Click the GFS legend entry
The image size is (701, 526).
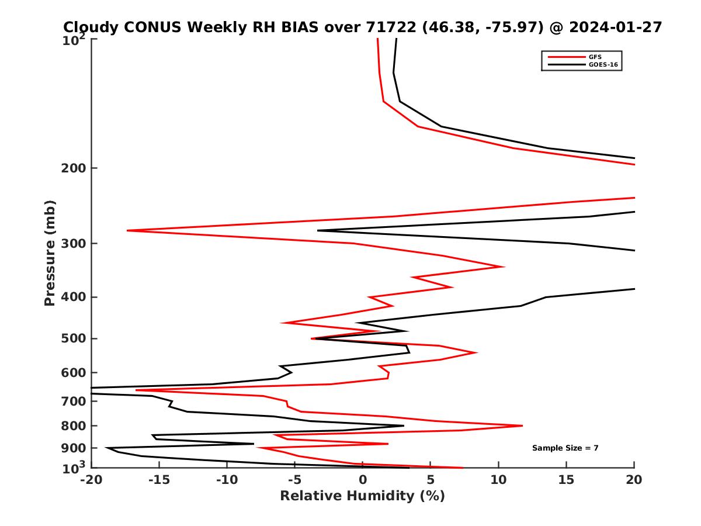pos(595,57)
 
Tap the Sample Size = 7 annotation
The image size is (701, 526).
pos(565,448)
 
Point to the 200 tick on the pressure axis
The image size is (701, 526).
pos(75,168)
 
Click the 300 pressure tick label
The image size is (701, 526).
pos(75,244)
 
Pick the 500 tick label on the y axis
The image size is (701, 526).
pos(75,338)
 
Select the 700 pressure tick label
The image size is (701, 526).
pos(75,402)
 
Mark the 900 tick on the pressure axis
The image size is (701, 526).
pos(75,448)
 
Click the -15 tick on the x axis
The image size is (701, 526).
pos(159,480)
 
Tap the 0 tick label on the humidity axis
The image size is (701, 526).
pos(363,480)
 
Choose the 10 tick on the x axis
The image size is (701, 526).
pos(498,480)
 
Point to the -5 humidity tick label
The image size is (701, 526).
pos(295,480)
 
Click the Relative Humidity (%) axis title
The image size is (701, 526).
pos(362,496)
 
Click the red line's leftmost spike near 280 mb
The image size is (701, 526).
pos(127,231)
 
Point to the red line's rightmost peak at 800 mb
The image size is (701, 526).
pos(522,425)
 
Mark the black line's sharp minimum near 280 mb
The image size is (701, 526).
pos(318,230)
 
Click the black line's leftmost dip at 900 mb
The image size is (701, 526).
pos(106,448)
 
